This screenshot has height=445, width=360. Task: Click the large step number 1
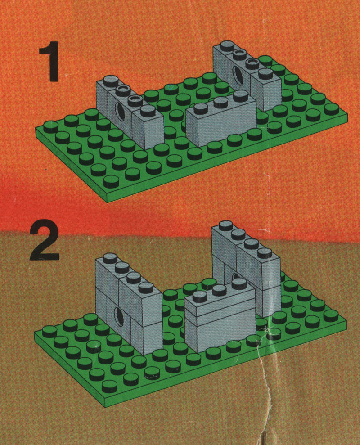(49, 61)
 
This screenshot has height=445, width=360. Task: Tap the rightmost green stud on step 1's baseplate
(332, 109)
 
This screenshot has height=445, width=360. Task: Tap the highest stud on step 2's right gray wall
(226, 226)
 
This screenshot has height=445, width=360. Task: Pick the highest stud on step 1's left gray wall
(111, 81)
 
